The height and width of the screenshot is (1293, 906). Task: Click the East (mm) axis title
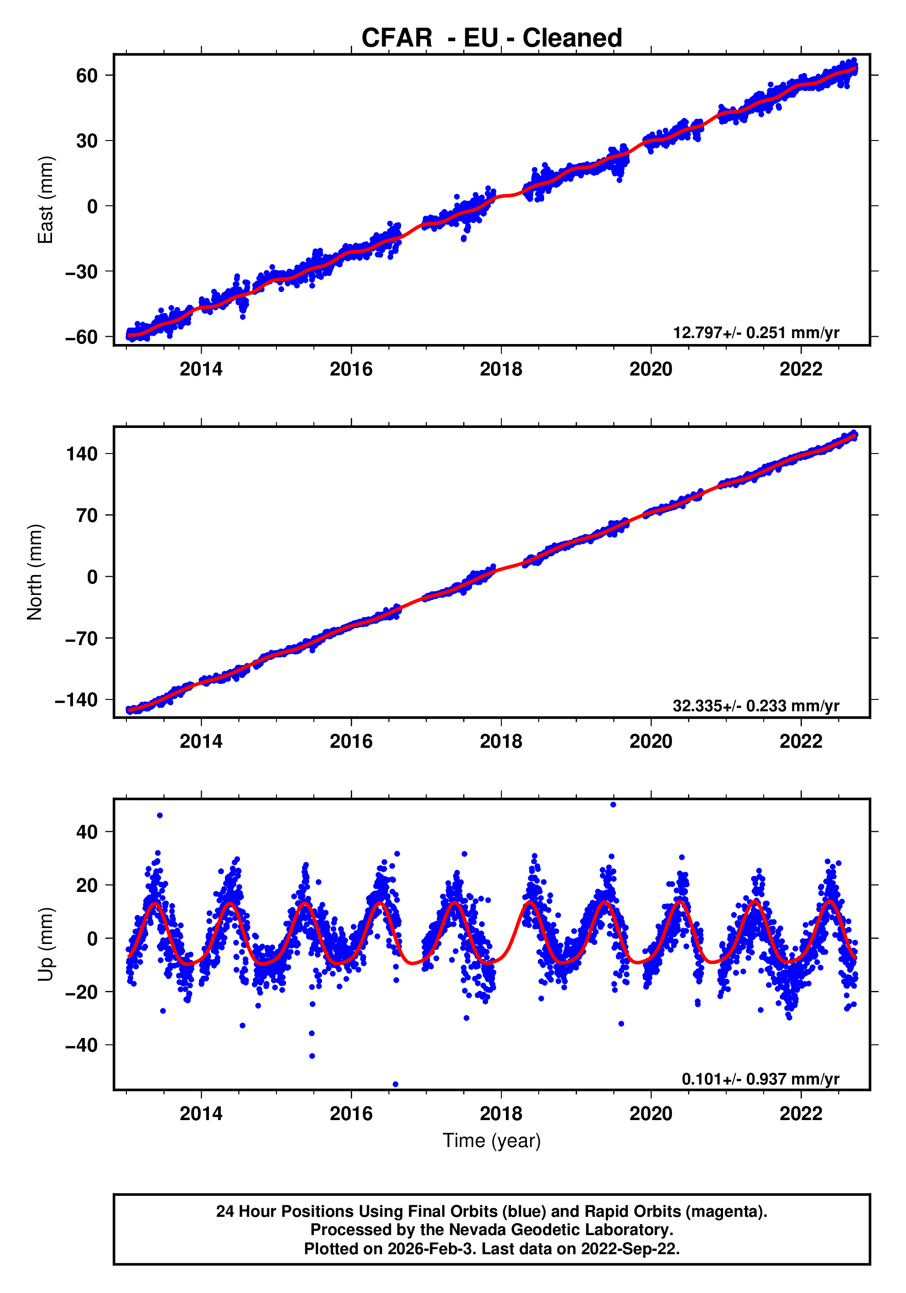point(45,200)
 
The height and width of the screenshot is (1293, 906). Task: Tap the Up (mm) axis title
point(45,944)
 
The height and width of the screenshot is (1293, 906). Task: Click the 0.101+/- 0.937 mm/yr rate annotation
point(760,1079)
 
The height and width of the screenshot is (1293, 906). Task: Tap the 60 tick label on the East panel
point(87,75)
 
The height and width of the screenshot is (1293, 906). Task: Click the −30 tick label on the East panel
point(82,271)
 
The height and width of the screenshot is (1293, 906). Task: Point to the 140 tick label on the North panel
point(82,454)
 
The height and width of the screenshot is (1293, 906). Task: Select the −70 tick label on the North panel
point(82,639)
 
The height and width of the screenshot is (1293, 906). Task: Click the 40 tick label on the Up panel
point(87,832)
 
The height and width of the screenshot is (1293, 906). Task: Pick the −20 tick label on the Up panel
point(82,992)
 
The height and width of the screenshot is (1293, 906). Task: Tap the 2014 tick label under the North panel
point(201,742)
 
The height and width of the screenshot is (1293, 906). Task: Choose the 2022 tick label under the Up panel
point(801,1114)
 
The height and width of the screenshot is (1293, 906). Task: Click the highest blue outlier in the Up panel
point(613,805)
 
